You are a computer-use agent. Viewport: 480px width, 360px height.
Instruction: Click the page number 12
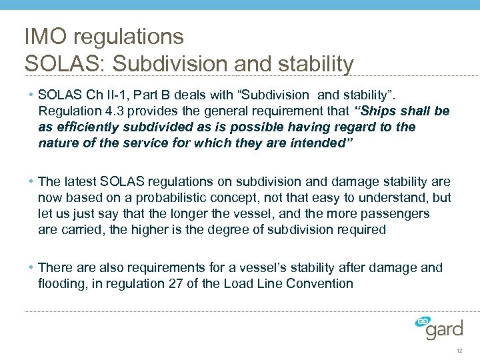tap(459, 351)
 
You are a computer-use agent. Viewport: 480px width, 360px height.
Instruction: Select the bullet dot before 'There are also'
tap(33, 267)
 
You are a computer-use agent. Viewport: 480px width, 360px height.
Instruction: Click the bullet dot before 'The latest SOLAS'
tap(33, 181)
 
